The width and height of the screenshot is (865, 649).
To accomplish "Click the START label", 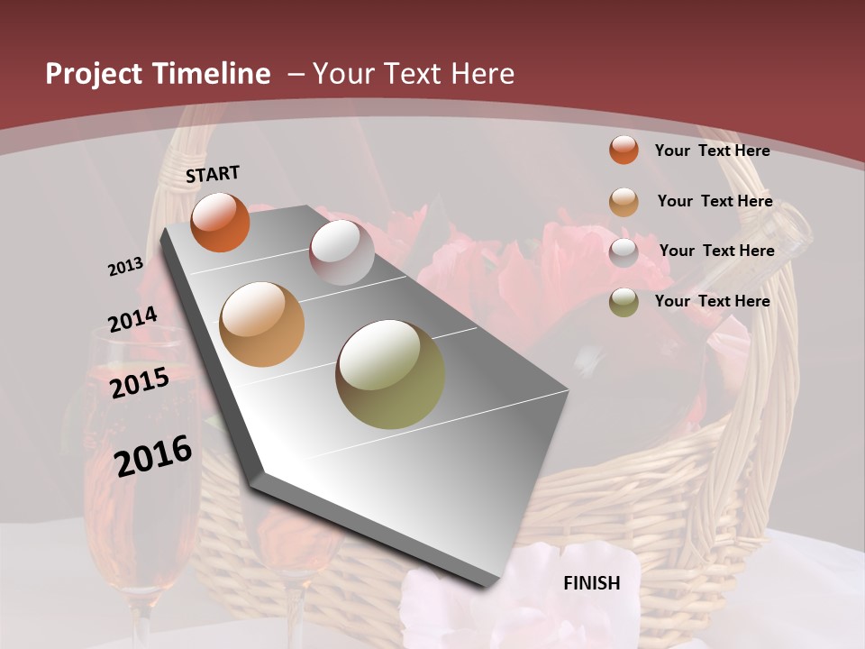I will click(x=213, y=174).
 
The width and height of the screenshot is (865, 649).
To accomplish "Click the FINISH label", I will click(x=592, y=583).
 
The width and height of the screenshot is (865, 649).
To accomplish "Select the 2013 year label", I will click(x=125, y=267).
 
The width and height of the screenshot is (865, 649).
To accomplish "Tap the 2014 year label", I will click(x=132, y=320).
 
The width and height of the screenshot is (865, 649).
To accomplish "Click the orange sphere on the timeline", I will click(x=220, y=223).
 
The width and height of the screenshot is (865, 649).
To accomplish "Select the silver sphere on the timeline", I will click(x=341, y=252).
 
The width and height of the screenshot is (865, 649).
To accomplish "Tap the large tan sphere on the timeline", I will click(x=262, y=324).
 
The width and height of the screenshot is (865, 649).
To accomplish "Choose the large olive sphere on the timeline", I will click(x=390, y=374).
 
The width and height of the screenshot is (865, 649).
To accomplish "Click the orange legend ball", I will click(x=624, y=150).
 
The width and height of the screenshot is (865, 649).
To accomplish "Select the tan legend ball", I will click(x=624, y=202).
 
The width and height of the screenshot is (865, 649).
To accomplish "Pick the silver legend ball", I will click(x=624, y=252).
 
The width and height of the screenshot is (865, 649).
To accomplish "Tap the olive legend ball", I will click(x=624, y=302).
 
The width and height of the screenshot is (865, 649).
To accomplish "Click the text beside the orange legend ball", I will click(x=712, y=151).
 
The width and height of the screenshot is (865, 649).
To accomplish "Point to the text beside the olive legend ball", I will click(x=712, y=301).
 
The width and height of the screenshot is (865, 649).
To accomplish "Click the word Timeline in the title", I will click(x=212, y=74).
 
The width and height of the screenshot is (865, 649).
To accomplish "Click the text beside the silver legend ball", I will click(x=716, y=251).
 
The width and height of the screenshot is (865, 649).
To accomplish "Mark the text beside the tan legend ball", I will click(x=715, y=201).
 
